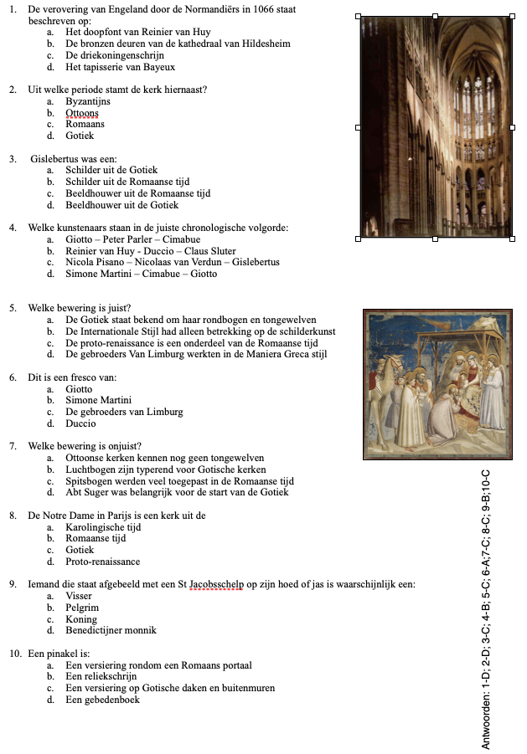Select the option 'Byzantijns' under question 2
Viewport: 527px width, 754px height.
click(x=88, y=101)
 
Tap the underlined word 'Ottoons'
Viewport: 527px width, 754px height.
click(x=82, y=113)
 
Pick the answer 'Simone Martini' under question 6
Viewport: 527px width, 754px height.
click(x=98, y=400)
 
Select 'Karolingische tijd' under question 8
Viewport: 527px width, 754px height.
click(x=103, y=527)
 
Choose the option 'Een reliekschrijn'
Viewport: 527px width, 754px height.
click(x=101, y=676)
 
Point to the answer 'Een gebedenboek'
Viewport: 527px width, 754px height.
click(x=102, y=700)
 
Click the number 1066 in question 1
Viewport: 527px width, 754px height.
click(x=232, y=9)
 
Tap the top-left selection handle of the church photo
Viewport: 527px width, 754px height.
click(x=359, y=16)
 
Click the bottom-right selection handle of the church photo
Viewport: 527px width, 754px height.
click(x=512, y=239)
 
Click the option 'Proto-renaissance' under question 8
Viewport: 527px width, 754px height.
click(x=102, y=562)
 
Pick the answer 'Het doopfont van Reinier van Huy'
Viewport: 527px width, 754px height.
click(x=138, y=32)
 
